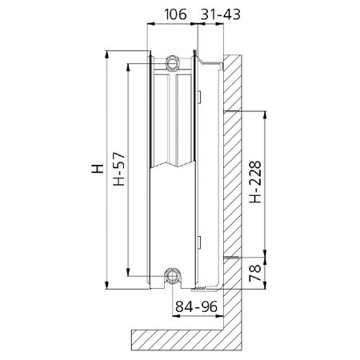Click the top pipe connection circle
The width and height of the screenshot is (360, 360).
(173, 61)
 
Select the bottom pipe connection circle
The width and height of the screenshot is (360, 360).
(173, 278)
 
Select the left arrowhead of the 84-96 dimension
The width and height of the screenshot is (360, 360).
(174, 315)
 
